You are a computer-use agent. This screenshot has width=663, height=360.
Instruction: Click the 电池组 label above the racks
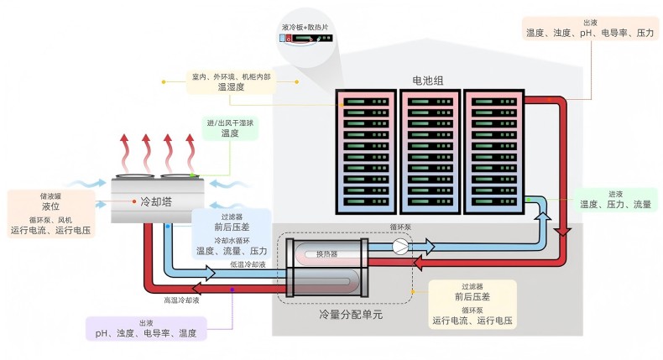tap(427, 81)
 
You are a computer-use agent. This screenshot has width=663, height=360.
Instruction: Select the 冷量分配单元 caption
tap(350, 315)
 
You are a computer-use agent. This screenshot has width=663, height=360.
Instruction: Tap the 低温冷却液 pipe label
tap(248, 264)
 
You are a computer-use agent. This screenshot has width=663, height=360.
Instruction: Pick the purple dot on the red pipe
tap(232, 290)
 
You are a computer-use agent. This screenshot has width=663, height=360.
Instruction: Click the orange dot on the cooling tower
tap(134, 201)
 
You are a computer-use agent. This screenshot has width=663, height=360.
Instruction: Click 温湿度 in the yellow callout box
tap(230, 86)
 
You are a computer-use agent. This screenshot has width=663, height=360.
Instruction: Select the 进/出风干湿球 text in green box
tap(230, 123)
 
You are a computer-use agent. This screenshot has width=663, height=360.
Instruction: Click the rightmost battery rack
tap(494, 151)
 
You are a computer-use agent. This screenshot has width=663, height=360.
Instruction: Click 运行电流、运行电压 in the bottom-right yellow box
tap(472, 321)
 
